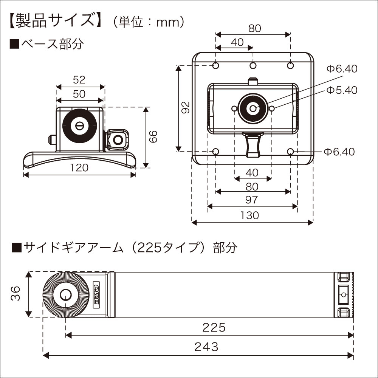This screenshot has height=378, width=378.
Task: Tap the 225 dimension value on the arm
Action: coord(214,327)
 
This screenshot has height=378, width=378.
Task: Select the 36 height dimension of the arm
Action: coord(15,293)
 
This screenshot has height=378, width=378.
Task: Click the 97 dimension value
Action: coord(252,199)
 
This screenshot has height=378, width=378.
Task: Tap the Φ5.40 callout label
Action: coord(341,90)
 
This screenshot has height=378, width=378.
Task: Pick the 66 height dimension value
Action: coord(153,137)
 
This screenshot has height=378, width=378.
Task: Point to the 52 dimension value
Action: coord(79,79)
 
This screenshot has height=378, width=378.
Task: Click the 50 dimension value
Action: coord(79,93)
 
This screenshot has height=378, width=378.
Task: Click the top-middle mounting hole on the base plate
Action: coord(253,66)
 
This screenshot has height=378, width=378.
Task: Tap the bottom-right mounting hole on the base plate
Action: coord(290,152)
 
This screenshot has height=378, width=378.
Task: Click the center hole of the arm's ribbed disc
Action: coord(66,294)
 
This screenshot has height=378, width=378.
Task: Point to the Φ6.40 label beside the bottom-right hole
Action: coord(339,152)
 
